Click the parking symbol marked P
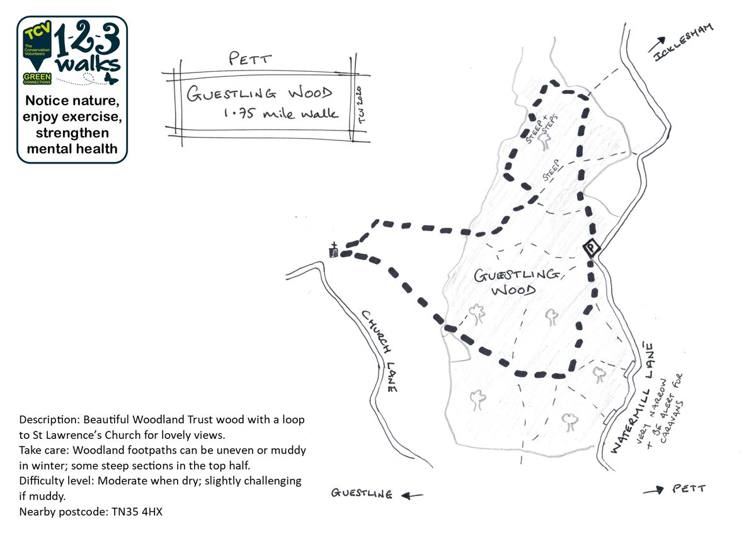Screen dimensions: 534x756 pyautogui.click(x=590, y=248)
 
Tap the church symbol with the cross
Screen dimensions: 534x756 pyautogui.click(x=335, y=251)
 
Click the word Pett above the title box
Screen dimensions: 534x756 pyautogui.click(x=251, y=60)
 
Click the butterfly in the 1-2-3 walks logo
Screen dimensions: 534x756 pyautogui.click(x=111, y=78)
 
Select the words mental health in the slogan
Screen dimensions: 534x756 pyautogui.click(x=72, y=149)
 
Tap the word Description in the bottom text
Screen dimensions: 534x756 pyautogui.click(x=49, y=419)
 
